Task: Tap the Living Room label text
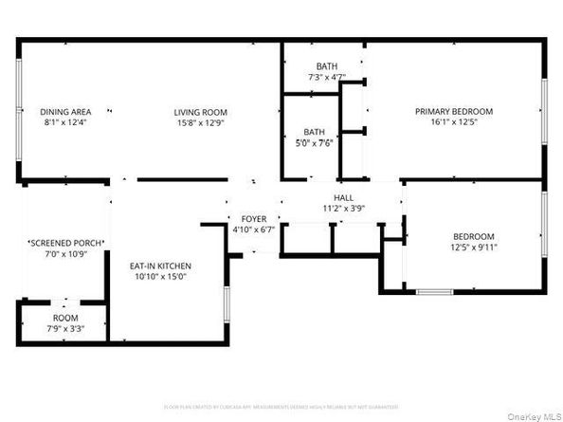(x=200, y=111)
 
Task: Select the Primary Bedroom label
(x=454, y=111)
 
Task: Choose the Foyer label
(x=252, y=217)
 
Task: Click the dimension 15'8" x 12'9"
(x=200, y=123)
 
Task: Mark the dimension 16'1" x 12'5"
(x=454, y=123)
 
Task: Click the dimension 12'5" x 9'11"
(x=473, y=248)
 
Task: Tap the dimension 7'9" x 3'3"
(x=64, y=330)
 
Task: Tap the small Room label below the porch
(x=64, y=319)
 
